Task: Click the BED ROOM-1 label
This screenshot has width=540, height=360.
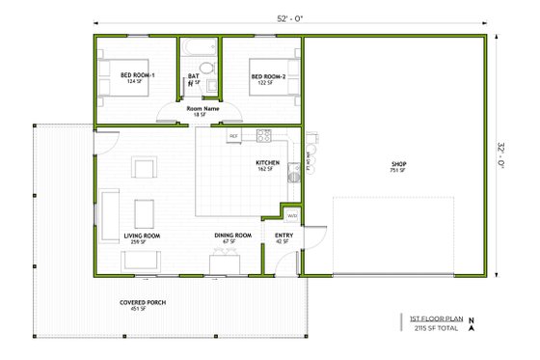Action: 138,75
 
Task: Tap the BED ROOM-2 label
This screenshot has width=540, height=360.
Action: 269,75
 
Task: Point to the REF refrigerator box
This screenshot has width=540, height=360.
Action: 233,137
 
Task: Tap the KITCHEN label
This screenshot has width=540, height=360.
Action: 268,162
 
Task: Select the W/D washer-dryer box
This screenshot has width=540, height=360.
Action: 291,214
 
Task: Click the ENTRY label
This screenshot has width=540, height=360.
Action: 284,235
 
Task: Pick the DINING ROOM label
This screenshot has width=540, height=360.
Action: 232,235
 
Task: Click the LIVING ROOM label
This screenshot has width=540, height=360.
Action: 142,235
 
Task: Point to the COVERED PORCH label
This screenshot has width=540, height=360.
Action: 143,303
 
